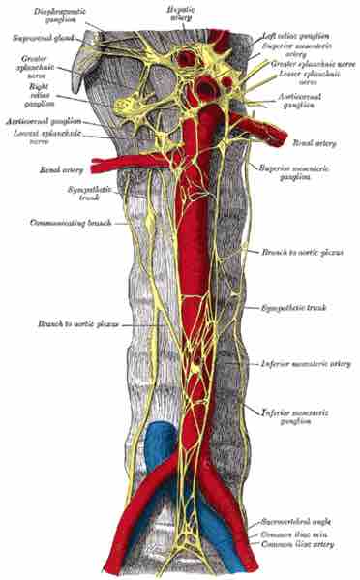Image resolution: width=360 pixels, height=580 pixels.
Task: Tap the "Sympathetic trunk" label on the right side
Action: tap(293, 308)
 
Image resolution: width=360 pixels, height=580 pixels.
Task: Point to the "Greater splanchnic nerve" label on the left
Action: tap(22, 71)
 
